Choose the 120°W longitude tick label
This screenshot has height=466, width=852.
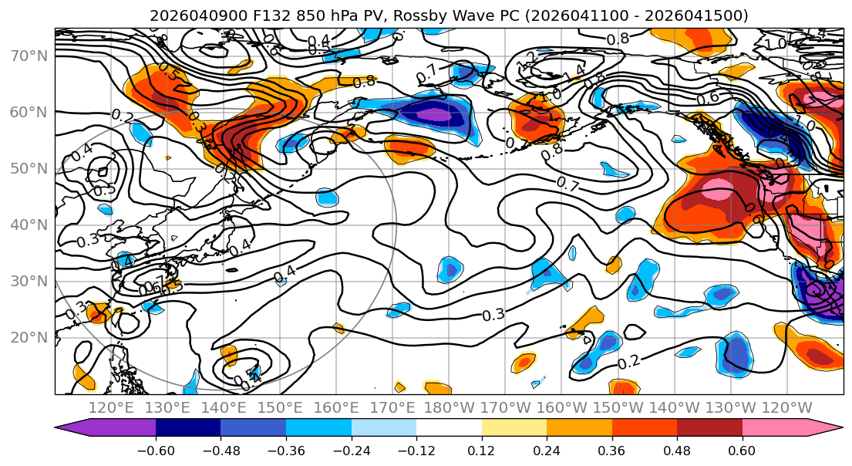coord(786,407)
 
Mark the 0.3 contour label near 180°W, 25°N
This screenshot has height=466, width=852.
coord(493,315)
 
